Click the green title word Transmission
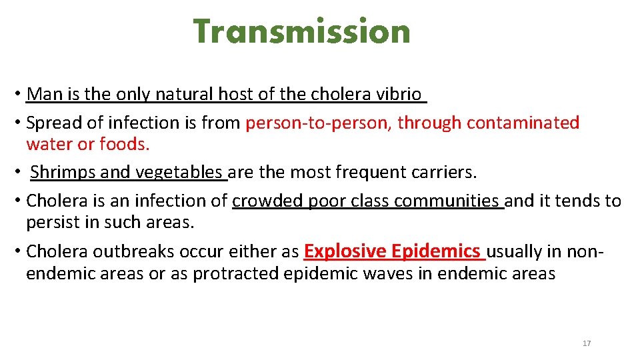tap(301, 31)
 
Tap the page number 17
tap(587, 343)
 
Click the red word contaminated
tap(523, 123)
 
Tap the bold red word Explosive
tap(345, 251)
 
